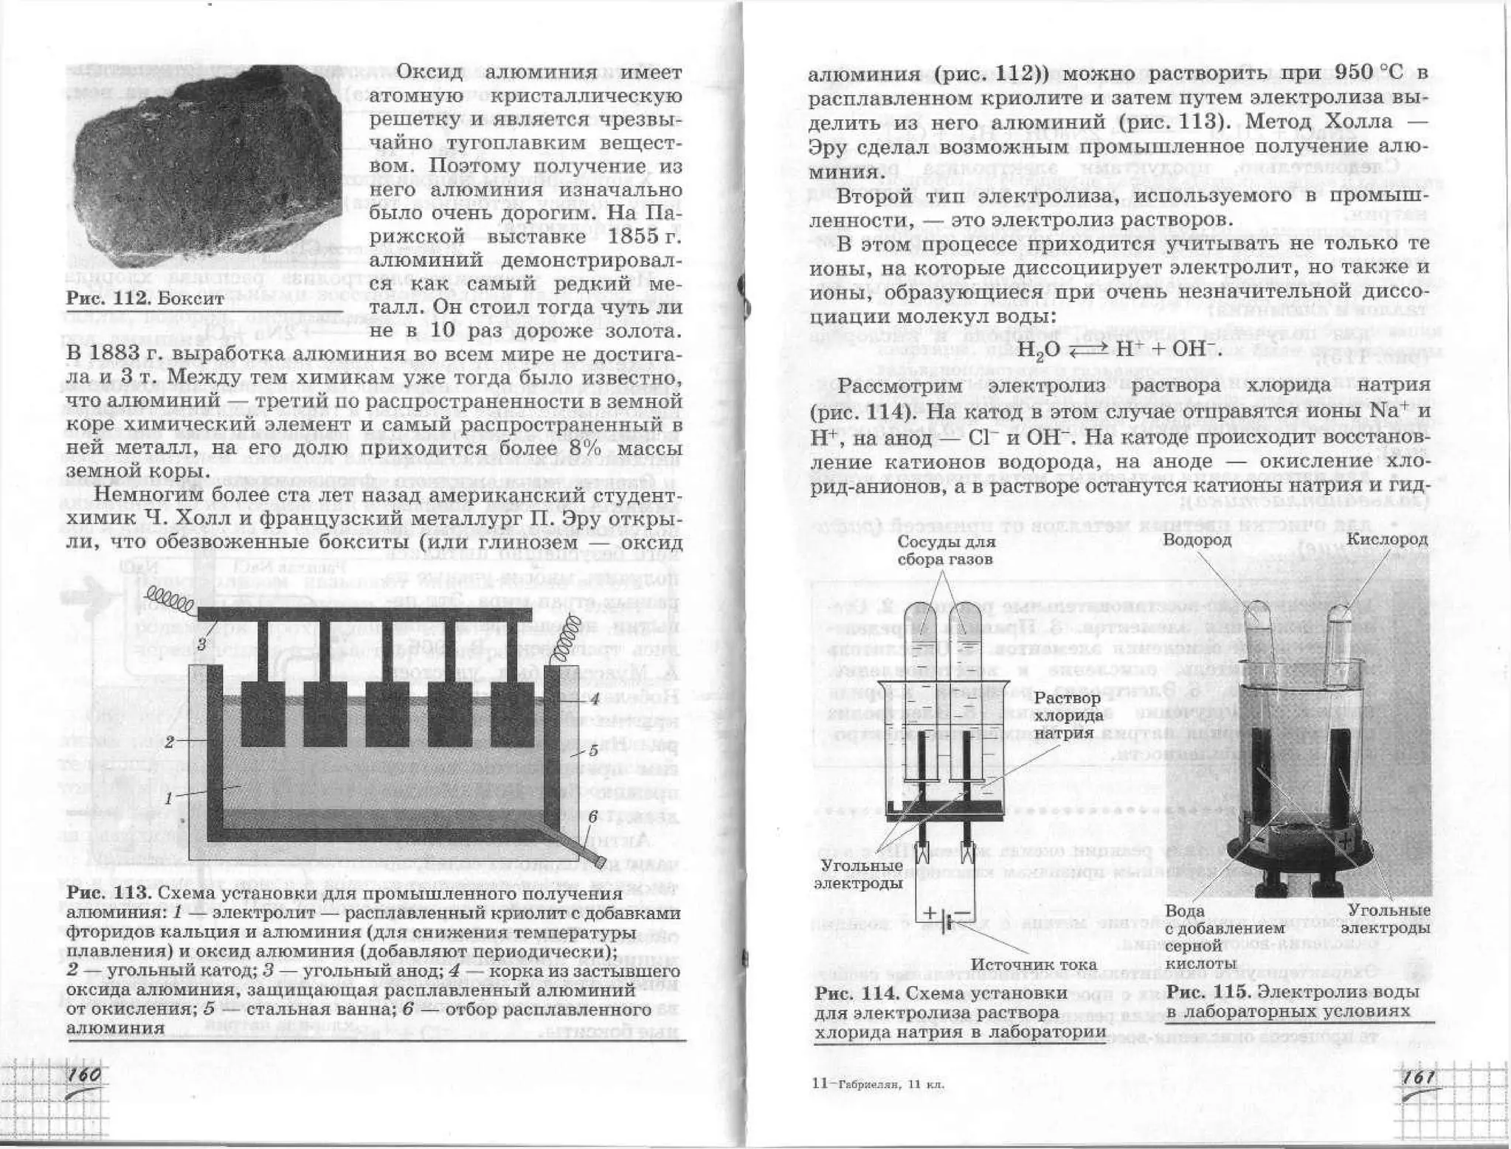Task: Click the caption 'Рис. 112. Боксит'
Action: click(x=145, y=299)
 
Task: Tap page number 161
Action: click(x=1418, y=1078)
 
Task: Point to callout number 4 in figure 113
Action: click(x=593, y=701)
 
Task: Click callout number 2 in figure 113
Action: click(x=169, y=742)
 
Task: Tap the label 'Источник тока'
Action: click(x=1034, y=965)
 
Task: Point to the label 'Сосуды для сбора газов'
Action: click(x=946, y=551)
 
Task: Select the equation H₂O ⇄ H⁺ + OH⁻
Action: click(x=1119, y=349)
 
